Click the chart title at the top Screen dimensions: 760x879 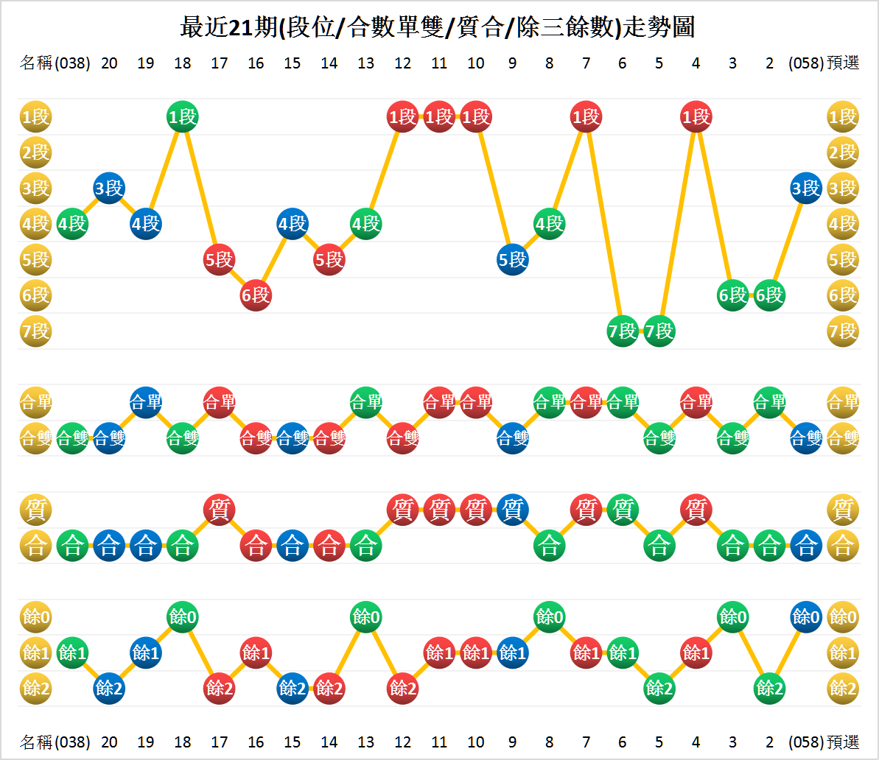[x=438, y=27]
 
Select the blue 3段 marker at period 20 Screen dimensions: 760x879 [x=109, y=189]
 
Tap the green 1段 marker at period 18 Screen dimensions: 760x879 [x=182, y=117]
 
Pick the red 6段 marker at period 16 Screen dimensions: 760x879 [x=256, y=295]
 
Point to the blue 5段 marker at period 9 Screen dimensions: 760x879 [x=512, y=260]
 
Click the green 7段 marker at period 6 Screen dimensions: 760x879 [x=623, y=331]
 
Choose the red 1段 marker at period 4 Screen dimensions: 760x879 [x=696, y=117]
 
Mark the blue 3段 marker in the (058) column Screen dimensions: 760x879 [x=806, y=189]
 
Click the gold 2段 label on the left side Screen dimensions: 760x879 [x=35, y=152]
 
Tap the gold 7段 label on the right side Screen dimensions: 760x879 [x=843, y=331]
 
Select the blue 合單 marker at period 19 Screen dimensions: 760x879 [x=146, y=403]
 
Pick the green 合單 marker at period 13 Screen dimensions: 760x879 [x=365, y=403]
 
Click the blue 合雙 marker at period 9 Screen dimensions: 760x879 [x=512, y=439]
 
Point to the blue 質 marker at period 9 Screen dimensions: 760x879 [x=512, y=510]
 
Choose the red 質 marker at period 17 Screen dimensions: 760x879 [x=219, y=510]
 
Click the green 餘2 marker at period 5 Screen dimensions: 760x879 [x=659, y=689]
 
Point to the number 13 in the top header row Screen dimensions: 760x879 [x=365, y=63]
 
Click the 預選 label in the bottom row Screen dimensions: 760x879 [x=843, y=742]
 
